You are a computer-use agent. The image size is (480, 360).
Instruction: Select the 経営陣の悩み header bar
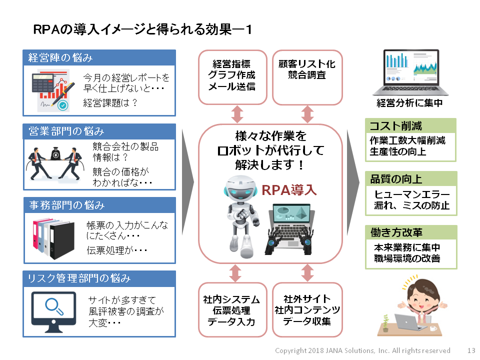coord(99,57)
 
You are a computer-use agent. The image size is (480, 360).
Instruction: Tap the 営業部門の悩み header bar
coord(99,131)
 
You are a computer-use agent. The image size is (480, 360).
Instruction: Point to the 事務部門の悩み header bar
coord(99,205)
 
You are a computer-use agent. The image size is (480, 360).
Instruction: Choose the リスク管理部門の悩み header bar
coord(99,278)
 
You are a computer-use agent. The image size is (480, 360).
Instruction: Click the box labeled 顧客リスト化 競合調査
coord(307,77)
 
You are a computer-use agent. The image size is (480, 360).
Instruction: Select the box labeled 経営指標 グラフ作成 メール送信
coord(233,77)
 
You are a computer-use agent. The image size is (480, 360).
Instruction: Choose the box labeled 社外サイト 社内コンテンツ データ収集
coord(307,310)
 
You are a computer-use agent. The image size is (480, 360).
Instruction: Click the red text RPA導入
coord(289,190)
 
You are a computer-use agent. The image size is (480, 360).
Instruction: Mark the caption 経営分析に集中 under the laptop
coord(409,104)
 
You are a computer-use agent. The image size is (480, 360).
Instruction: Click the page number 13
coord(471,350)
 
